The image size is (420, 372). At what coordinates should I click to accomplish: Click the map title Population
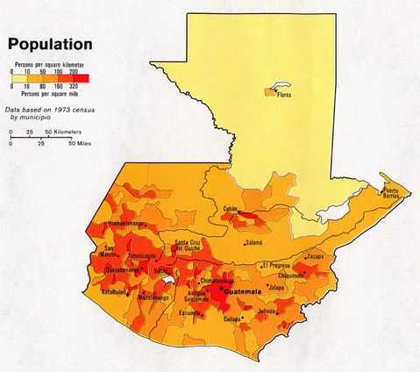pyautogui.click(x=50, y=43)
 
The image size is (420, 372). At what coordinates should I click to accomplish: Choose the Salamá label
pyautogui.click(x=253, y=242)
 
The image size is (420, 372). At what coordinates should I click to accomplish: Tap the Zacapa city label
pyautogui.click(x=315, y=256)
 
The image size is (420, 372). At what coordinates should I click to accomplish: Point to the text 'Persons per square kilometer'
pyautogui.click(x=50, y=64)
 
